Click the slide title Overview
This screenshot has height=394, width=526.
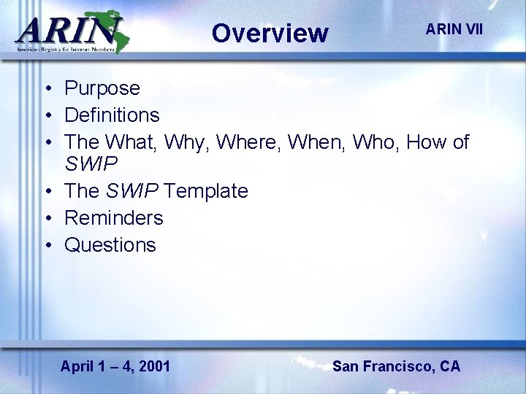pyautogui.click(x=270, y=33)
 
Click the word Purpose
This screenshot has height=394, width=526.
pyautogui.click(x=102, y=88)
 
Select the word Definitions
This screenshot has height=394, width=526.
pyautogui.click(x=112, y=115)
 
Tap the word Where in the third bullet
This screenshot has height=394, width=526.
pyautogui.click(x=249, y=142)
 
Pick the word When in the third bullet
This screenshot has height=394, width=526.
pyautogui.click(x=318, y=142)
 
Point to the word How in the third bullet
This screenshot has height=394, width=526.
pyautogui.click(x=427, y=142)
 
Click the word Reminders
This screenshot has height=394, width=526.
pyautogui.click(x=114, y=217)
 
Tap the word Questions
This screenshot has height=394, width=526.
pyautogui.click(x=110, y=244)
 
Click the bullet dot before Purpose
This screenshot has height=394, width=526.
pyautogui.click(x=47, y=89)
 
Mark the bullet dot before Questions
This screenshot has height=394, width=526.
pyautogui.click(x=47, y=245)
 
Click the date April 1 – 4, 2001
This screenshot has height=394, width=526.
pyautogui.click(x=115, y=366)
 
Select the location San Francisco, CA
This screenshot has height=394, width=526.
pyautogui.click(x=396, y=366)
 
